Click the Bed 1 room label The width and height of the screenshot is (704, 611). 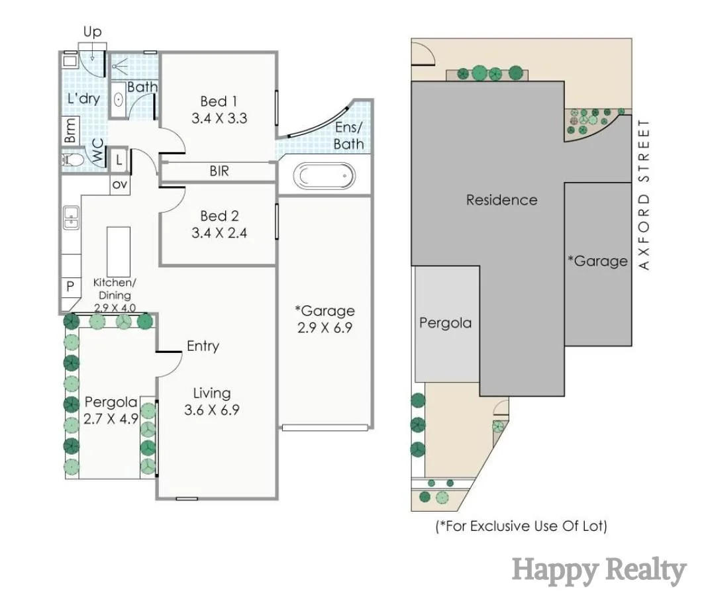tap(219, 101)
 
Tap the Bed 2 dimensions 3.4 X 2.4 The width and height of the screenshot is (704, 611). tap(219, 232)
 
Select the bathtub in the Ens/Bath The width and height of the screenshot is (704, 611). tap(324, 177)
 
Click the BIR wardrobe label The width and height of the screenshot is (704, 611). tap(219, 171)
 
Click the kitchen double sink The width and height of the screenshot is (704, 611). tap(71, 218)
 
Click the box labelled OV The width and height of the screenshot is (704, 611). tap(119, 185)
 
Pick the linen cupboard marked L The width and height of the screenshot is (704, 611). tap(119, 159)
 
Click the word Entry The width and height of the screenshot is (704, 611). tap(203, 346)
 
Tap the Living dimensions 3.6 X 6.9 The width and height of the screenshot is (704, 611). tap(211, 410)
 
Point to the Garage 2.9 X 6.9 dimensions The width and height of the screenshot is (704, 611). tap(325, 327)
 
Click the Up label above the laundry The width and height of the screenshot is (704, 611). tap(92, 32)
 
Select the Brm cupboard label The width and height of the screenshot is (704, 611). tap(70, 130)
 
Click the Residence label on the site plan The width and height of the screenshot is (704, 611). tap(501, 199)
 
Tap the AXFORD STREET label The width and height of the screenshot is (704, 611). tap(644, 195)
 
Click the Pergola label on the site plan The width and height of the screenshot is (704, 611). tap(445, 323)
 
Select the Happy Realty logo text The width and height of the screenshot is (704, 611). tap(599, 570)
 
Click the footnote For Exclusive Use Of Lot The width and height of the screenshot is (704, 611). tap(521, 526)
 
